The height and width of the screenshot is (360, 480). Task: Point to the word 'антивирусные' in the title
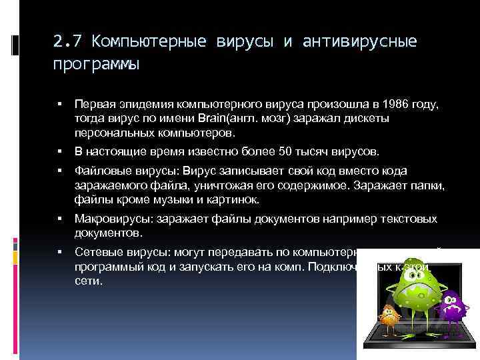coord(360,42)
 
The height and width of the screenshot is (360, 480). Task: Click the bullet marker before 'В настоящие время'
coord(60,151)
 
